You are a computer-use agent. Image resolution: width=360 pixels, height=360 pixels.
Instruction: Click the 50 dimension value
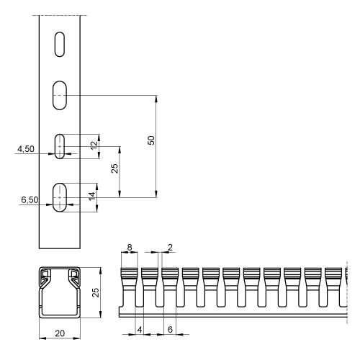click(x=151, y=140)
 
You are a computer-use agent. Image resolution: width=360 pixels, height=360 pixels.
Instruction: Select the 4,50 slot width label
click(x=26, y=149)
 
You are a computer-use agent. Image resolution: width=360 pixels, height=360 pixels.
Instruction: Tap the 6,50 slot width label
click(x=30, y=199)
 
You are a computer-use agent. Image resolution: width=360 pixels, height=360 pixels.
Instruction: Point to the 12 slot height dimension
click(x=95, y=145)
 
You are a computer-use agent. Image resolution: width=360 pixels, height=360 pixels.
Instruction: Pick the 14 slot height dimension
click(x=92, y=197)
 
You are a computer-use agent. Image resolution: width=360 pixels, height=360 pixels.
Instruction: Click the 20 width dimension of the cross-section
click(x=60, y=333)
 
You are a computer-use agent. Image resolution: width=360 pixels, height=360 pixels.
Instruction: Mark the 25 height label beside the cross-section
click(x=96, y=292)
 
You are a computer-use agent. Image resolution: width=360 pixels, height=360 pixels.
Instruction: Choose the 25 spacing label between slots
click(x=114, y=168)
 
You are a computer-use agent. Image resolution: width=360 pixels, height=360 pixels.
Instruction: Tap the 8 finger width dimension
click(x=130, y=247)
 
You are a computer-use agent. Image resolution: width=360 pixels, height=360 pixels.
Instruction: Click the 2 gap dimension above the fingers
click(x=171, y=247)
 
